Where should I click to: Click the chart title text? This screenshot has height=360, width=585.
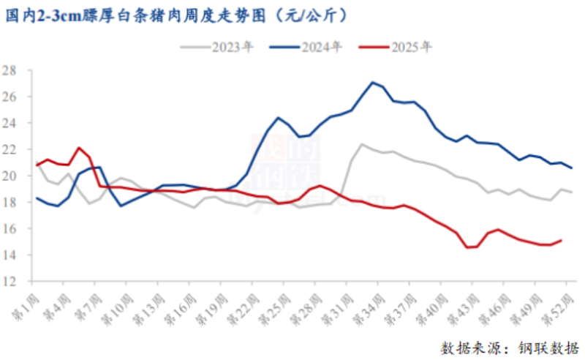coord(176,15)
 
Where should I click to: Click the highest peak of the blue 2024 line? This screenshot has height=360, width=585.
coord(372,82)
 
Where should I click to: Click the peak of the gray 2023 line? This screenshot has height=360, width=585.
coord(362,144)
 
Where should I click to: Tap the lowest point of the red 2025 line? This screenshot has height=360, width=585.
coord(467,247)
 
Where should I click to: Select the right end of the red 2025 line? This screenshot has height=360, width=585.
coord(561,240)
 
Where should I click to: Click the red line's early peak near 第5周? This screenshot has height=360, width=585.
coord(79,148)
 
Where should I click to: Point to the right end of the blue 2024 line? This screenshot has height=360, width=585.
coord(572,168)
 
